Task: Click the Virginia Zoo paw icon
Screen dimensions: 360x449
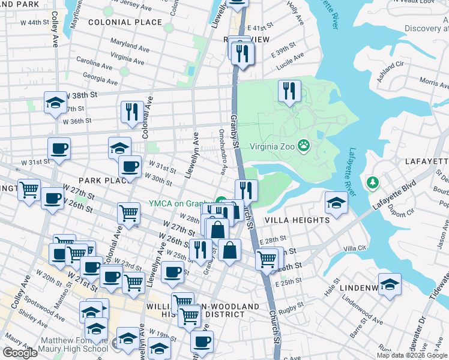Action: (x=305, y=145)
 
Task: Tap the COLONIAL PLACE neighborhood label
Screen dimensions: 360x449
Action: (x=125, y=22)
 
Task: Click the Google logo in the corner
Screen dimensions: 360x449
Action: (x=20, y=353)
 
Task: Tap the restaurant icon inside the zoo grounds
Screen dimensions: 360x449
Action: (x=289, y=92)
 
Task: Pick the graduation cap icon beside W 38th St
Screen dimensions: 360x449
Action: (x=55, y=103)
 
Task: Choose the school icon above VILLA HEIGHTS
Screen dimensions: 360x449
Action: (x=336, y=203)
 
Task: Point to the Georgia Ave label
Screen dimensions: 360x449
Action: (x=101, y=78)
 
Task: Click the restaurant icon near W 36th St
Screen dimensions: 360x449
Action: (x=130, y=112)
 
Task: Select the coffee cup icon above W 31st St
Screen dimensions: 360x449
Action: (x=59, y=148)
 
